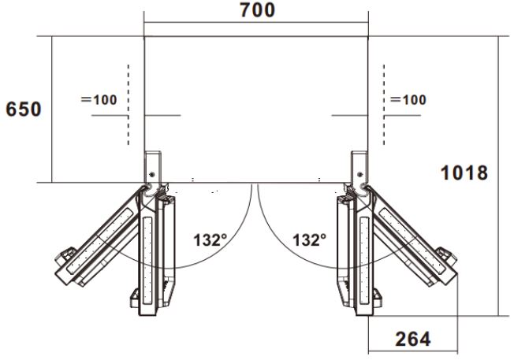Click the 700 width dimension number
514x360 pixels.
click(x=257, y=10)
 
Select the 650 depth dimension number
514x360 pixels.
click(x=24, y=109)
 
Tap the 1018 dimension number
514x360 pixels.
click(x=464, y=173)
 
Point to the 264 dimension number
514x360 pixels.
click(x=413, y=339)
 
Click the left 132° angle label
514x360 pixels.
click(x=210, y=239)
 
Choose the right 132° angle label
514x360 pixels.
click(x=310, y=239)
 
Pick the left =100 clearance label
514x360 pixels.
click(x=99, y=99)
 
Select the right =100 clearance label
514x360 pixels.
click(x=408, y=99)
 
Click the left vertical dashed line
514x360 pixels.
click(x=128, y=105)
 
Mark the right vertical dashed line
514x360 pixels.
click(x=384, y=105)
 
